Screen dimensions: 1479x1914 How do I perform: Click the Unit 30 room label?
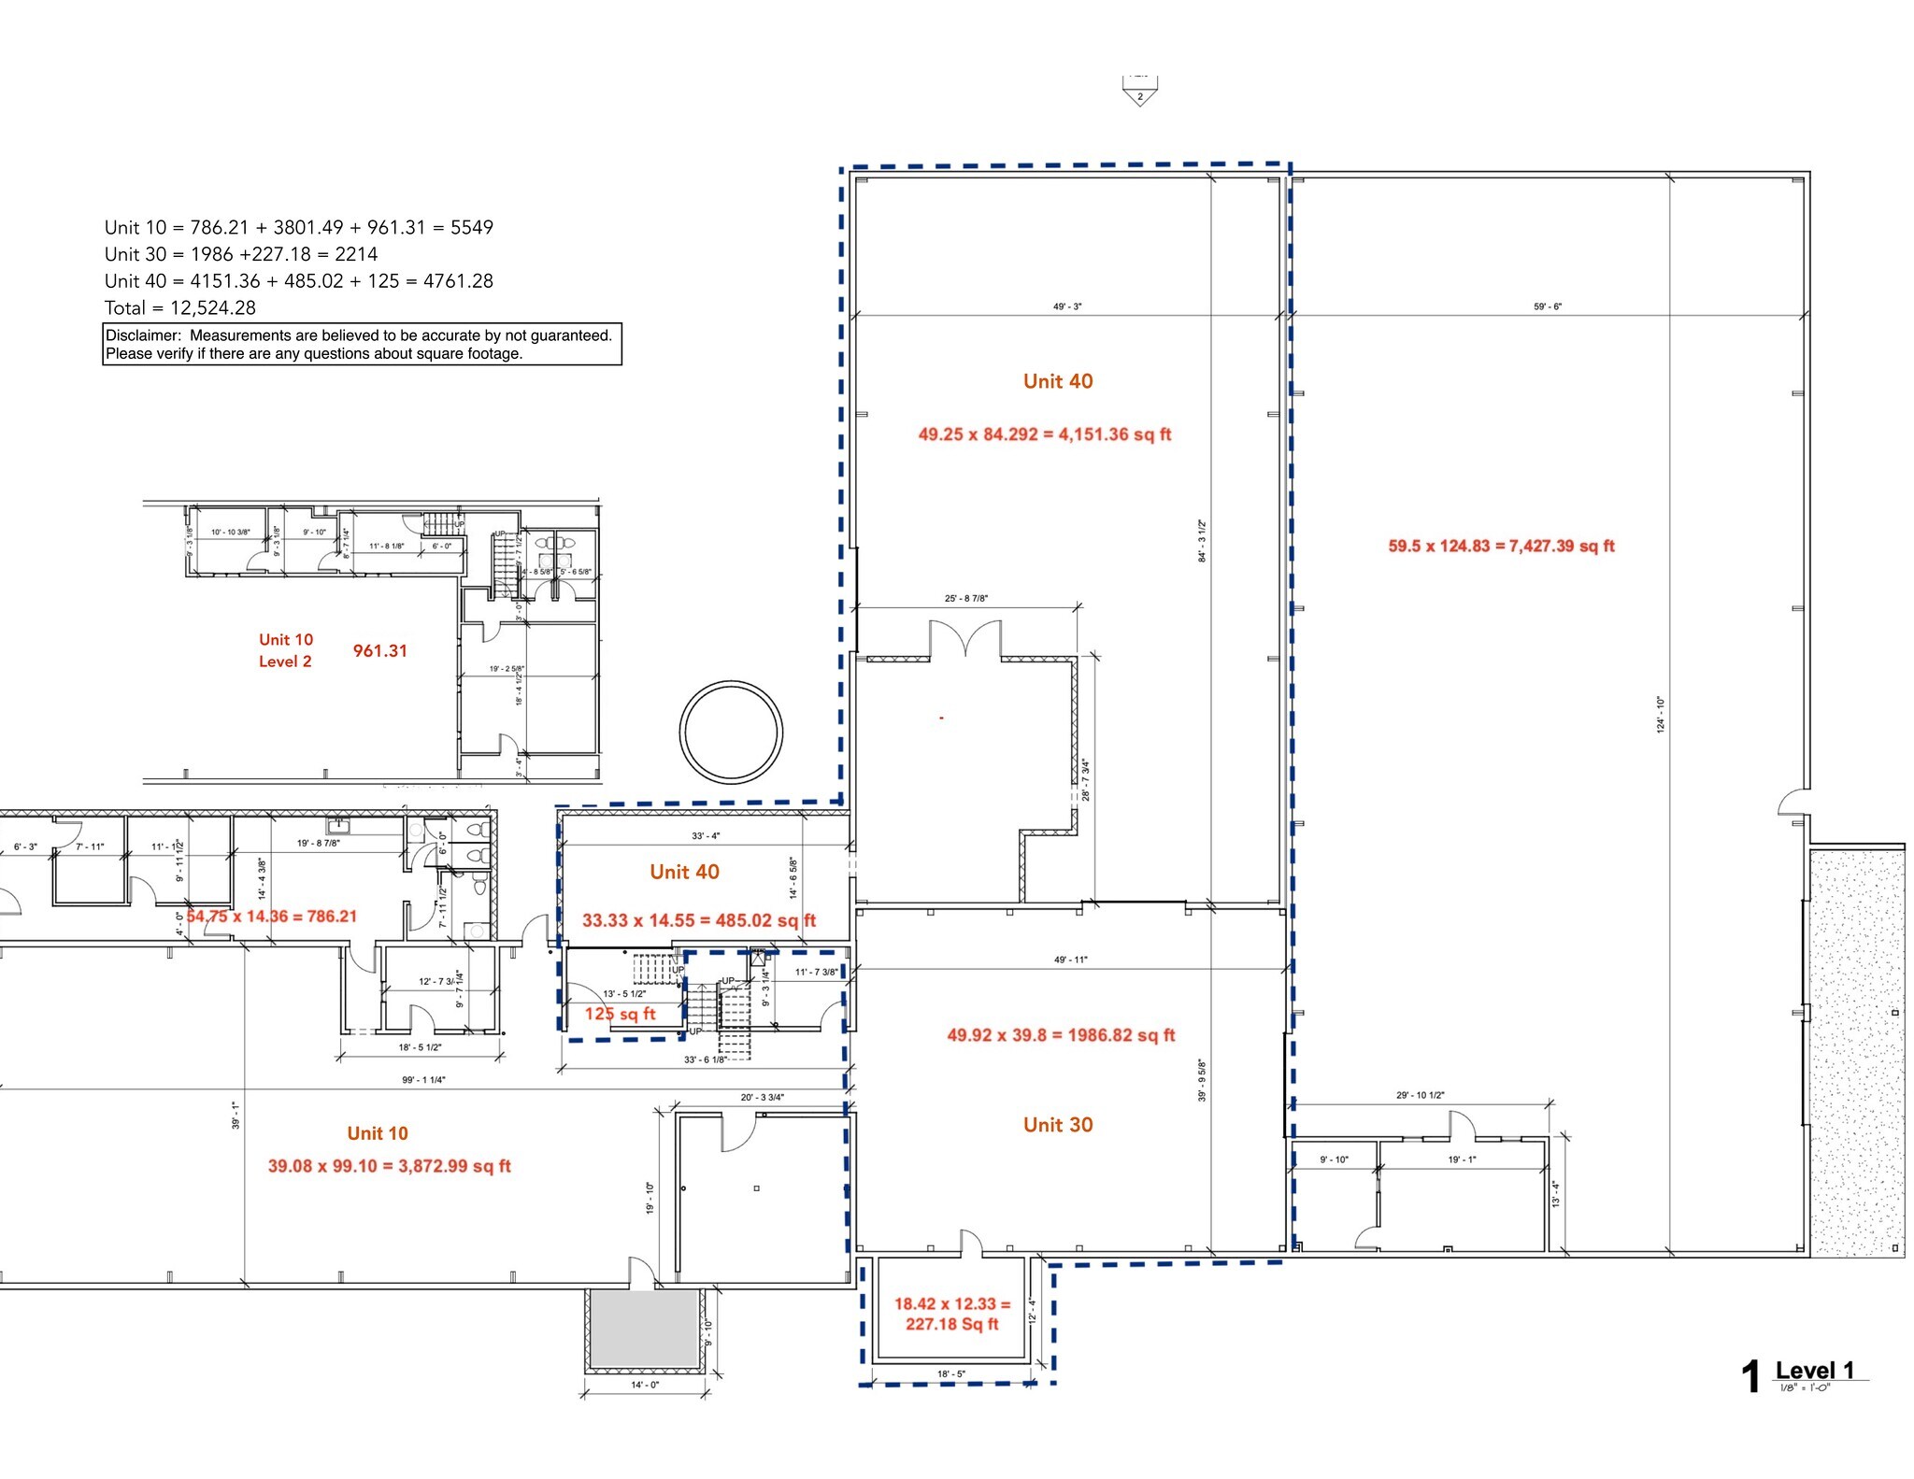pos(1057,1125)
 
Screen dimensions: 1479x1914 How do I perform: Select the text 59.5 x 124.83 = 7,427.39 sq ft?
pos(1501,546)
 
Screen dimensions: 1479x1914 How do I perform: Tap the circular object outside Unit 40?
pos(731,732)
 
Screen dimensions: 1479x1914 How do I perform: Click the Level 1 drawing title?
pos(1814,1371)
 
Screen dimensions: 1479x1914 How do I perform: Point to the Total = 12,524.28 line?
pos(179,307)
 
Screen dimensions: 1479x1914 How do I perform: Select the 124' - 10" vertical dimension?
pos(1661,715)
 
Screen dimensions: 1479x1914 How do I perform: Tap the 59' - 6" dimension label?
pos(1547,306)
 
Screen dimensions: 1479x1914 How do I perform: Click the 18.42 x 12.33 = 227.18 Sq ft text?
pos(952,1314)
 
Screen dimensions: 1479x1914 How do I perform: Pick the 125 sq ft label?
pos(620,1014)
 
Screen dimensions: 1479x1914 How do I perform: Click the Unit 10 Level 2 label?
pos(285,650)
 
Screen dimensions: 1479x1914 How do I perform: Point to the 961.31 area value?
pos(379,651)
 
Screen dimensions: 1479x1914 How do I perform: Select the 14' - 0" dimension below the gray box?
pos(644,1385)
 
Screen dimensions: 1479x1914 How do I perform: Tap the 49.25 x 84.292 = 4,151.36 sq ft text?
pos(1044,434)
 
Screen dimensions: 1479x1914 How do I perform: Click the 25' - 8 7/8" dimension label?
pos(966,598)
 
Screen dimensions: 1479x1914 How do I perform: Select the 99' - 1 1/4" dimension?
pos(423,1080)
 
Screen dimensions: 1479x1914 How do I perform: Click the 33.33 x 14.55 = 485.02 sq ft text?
pos(698,920)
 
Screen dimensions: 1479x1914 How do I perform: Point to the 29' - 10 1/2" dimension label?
pos(1420,1095)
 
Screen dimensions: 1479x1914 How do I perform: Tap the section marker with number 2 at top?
pos(1139,93)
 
